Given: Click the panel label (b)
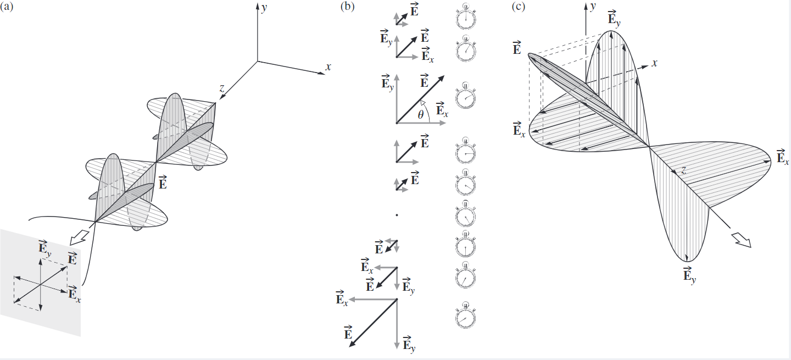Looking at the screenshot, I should point(348,7).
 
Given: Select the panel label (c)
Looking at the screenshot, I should point(519,7).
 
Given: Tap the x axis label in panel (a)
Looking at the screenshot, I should point(328,67).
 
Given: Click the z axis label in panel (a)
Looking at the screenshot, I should point(221,87).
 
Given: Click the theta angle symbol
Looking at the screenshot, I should point(421,115).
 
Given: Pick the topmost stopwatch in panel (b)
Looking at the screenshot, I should point(466,16).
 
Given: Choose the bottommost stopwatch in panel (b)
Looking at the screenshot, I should point(466,316).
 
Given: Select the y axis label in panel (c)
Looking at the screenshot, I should point(593,7).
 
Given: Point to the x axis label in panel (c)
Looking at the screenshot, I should point(654,63).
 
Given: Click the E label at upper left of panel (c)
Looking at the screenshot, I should point(516,48).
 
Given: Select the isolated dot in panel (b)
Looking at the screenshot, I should point(396,216).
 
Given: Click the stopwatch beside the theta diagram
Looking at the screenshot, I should point(466,97).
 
